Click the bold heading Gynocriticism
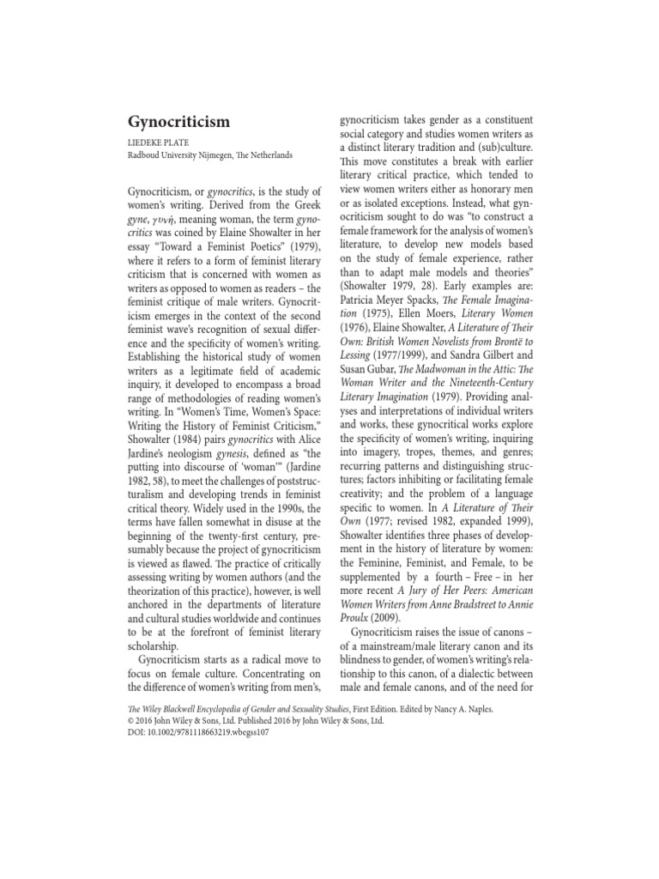(178, 121)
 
